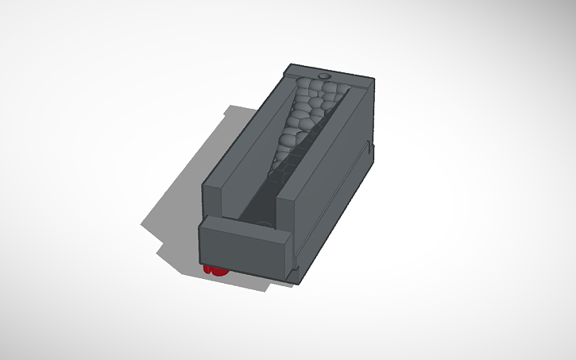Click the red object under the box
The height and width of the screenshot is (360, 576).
coord(215,269)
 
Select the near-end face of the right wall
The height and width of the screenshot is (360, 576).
coord(287,215)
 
